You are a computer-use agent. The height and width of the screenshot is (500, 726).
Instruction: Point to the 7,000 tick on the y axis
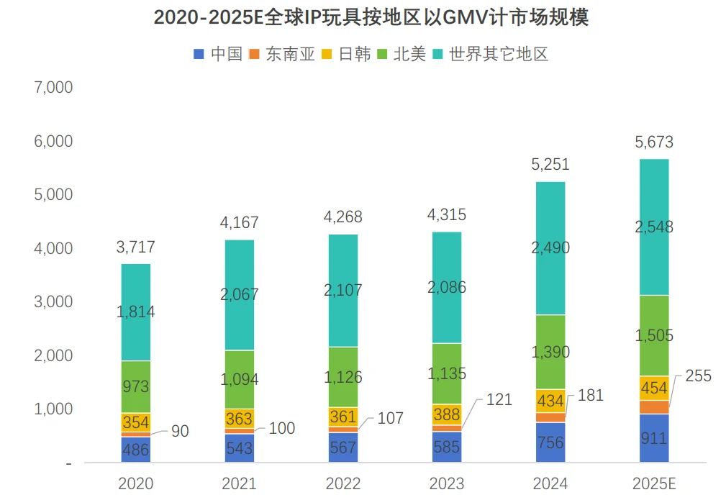[x=53, y=88]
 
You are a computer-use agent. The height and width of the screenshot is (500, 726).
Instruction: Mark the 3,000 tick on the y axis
[x=53, y=301]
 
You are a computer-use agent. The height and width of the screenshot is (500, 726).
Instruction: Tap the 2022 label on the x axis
[x=343, y=483]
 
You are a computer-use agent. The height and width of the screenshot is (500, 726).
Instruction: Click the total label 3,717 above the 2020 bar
[x=135, y=248]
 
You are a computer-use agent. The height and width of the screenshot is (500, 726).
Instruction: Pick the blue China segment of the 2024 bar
[x=550, y=442]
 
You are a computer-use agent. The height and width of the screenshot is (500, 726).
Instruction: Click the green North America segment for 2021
[x=240, y=379]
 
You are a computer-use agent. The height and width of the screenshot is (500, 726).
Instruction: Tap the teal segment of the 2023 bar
[x=447, y=288]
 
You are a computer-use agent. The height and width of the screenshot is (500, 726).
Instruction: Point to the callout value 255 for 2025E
[x=696, y=376]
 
